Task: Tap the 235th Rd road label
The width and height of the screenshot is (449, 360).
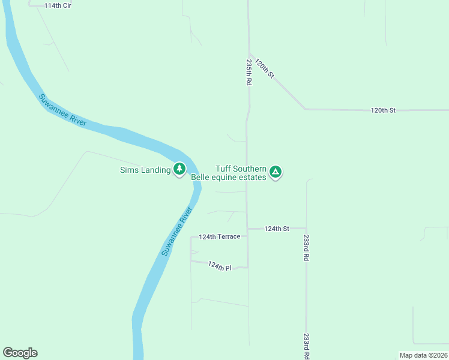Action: (x=248, y=72)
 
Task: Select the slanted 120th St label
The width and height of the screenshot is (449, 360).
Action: (x=264, y=68)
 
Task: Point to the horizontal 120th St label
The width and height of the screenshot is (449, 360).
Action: (x=383, y=110)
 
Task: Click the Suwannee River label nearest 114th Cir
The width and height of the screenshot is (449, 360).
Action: (x=63, y=110)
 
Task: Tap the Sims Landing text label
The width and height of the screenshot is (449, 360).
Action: (x=145, y=170)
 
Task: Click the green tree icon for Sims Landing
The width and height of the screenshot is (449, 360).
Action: (x=179, y=169)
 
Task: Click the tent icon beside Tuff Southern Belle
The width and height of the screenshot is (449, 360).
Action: (x=276, y=172)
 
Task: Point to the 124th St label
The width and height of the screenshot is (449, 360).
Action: (x=277, y=229)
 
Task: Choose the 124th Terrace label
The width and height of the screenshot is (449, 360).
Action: (x=220, y=236)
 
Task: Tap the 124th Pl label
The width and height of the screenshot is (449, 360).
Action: (x=220, y=265)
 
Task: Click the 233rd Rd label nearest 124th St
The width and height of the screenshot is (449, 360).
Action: (x=306, y=247)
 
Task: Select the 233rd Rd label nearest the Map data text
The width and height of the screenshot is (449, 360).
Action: (x=306, y=346)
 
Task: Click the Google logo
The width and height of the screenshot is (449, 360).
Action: (x=20, y=353)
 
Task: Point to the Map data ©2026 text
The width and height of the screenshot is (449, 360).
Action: (x=423, y=355)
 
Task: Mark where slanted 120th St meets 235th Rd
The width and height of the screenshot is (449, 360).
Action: (x=250, y=53)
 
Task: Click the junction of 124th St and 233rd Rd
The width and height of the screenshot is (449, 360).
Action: (x=306, y=229)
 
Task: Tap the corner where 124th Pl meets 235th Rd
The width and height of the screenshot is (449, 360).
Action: (x=248, y=266)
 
